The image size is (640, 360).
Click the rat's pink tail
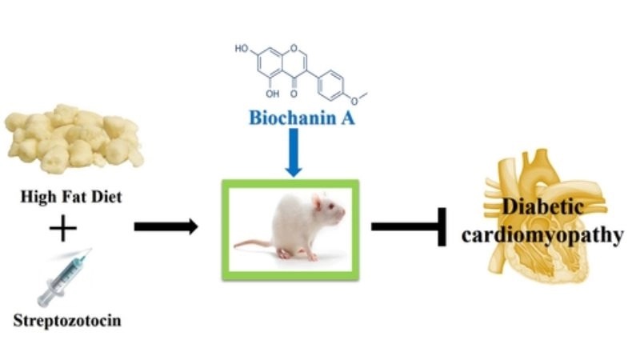coord(251,242)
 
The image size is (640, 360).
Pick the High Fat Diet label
coord(68,197)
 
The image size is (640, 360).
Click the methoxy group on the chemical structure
coord(362,94)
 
